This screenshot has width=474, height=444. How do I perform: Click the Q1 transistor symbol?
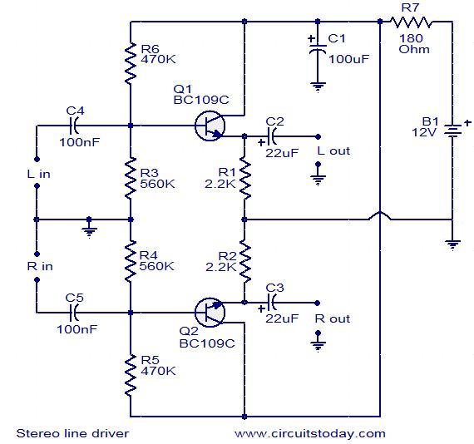point(210,126)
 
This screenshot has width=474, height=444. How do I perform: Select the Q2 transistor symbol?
point(210,313)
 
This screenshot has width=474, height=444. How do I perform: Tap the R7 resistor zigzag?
point(411,22)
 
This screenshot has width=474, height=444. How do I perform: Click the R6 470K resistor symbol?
point(131,63)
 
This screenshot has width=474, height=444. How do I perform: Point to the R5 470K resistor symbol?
point(131,375)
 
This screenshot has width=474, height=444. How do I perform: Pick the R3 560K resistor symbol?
point(131,178)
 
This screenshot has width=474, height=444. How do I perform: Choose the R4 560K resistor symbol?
point(131,261)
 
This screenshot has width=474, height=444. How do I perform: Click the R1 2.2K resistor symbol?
point(244,178)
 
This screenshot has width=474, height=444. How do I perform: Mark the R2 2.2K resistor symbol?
point(244,262)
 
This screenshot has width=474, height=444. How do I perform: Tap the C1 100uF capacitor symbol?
point(318,48)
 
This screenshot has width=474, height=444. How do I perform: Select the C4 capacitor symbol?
point(74,126)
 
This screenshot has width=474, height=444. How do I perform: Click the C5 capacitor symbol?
point(74,313)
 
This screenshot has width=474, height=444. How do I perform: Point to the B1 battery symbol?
point(452,131)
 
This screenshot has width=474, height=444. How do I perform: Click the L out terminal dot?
point(318,136)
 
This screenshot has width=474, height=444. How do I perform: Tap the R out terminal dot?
point(317,303)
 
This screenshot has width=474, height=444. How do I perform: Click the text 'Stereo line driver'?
point(72,433)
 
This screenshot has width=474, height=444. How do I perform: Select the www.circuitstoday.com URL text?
point(310,434)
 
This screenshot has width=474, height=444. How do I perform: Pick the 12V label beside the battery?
point(424,132)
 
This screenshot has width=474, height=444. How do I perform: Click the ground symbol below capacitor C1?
point(318,87)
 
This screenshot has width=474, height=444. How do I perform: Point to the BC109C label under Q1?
point(201,100)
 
